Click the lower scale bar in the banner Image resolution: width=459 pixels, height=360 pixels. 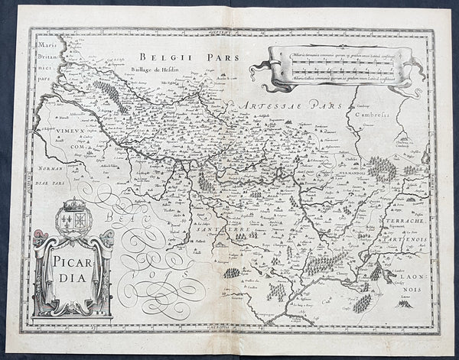[337, 71]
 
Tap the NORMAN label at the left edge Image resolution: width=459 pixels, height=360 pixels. [47, 164]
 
